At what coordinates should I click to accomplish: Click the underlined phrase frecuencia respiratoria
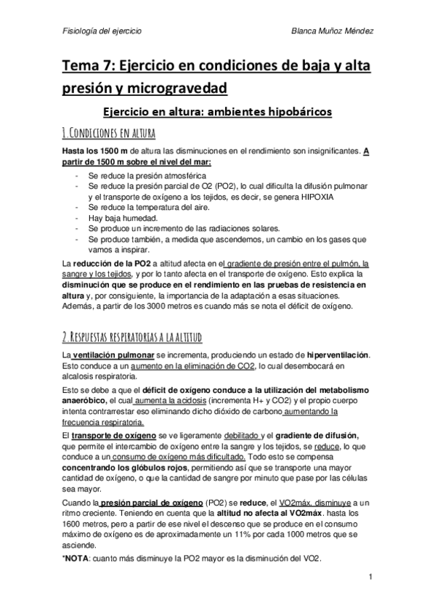click(x=103, y=421)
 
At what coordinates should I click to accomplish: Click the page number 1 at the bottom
click(x=370, y=578)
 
